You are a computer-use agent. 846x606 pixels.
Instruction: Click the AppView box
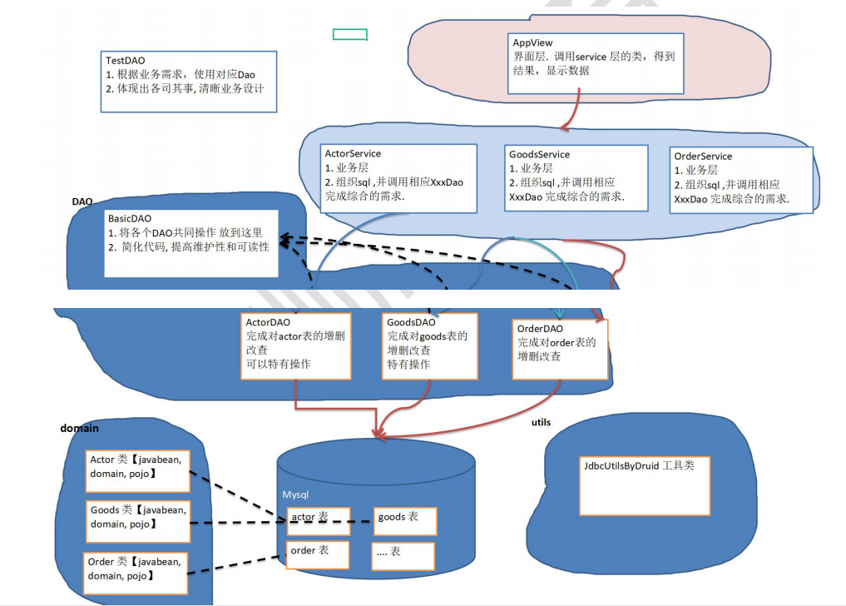coord(596,63)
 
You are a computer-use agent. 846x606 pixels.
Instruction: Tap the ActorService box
coord(399,178)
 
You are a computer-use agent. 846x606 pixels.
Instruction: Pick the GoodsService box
coord(576,178)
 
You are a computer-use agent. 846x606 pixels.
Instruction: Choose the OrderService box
coord(740,180)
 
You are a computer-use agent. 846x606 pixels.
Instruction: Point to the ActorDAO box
coord(295,346)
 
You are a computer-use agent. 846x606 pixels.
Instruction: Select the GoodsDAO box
coord(430,346)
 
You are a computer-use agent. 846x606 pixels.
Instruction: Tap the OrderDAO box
coord(560,348)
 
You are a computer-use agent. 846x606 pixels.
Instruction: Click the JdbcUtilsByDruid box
coord(645,486)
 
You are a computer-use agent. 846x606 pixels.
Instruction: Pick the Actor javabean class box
coord(138,470)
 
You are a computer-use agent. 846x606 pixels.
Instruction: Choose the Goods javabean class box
coord(138,517)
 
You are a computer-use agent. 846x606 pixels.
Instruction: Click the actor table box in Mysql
coord(318,520)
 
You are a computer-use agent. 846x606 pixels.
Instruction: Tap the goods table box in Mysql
coord(404,520)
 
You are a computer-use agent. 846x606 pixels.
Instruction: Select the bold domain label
coord(80,429)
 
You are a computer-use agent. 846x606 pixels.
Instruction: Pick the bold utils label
coord(541,423)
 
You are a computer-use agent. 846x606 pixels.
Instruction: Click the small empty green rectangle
coord(350,34)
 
